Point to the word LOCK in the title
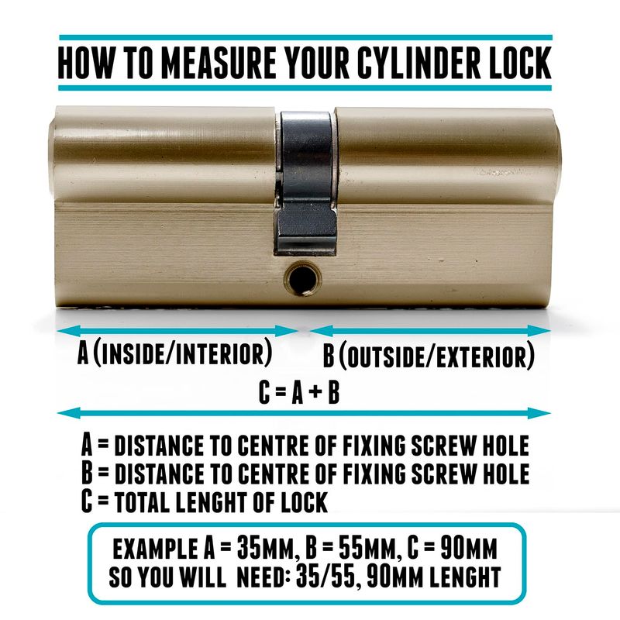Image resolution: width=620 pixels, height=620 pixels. point(520,63)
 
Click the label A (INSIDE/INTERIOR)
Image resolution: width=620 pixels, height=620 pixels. point(175,353)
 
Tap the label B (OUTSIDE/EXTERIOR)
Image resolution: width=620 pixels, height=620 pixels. point(429,356)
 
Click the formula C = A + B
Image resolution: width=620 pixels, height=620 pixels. point(299,393)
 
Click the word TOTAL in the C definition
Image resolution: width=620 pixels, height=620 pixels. point(142,501)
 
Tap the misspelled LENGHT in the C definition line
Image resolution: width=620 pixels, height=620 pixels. point(212,501)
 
